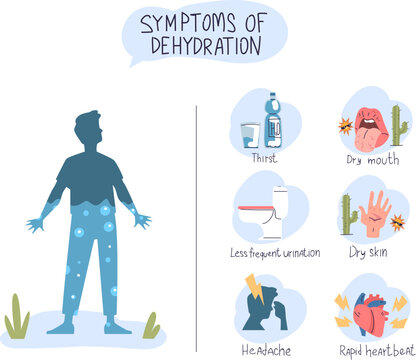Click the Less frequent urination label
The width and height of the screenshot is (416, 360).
274,253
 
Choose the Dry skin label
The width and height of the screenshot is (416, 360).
368,253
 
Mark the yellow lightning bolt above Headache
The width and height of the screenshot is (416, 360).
253,294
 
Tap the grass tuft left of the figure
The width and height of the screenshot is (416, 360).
17,318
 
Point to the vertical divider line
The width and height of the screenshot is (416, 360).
196,220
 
